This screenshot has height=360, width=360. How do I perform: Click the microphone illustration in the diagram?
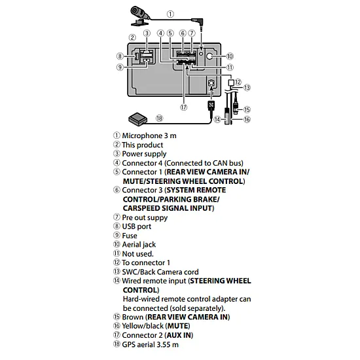pos(139,16)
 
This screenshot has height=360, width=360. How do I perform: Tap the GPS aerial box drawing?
pos(137,119)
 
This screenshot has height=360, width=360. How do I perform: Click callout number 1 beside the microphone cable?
pos(170,14)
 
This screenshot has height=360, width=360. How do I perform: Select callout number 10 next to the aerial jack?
pos(230,56)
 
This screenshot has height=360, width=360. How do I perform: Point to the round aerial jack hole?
pos(210,56)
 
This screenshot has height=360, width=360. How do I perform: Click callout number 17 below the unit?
pos(184,107)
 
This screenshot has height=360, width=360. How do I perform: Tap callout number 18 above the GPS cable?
pos(159,118)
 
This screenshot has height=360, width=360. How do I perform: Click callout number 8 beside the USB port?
pos(120,56)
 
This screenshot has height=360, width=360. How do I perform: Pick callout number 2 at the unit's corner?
pos(132,37)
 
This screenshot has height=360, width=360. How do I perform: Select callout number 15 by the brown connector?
pos(247,109)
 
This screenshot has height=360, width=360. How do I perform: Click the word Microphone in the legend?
pos(142,135)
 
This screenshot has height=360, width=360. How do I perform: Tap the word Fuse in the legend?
pos(130,236)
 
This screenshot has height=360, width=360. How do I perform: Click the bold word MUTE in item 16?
pos(179,326)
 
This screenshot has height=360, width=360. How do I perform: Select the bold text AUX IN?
pos(179,335)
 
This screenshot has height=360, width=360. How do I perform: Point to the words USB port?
pos(137,226)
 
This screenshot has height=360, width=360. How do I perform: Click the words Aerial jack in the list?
pos(139,245)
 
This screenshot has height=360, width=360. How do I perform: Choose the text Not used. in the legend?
pos(137,254)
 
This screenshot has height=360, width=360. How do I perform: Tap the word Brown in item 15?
pos(132,317)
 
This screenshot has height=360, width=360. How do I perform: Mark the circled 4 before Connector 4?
pos(117,163)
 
